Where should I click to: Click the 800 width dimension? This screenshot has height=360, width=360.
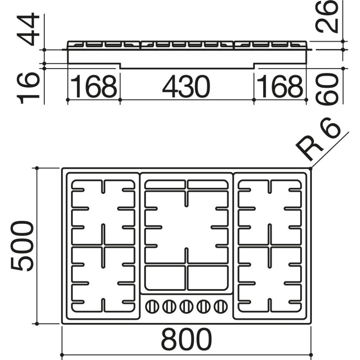(186, 339)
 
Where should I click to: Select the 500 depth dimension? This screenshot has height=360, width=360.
(22, 246)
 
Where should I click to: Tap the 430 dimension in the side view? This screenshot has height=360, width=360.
(186, 87)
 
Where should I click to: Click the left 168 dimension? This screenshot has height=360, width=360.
(94, 87)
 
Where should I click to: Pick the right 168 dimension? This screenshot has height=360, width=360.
(280, 87)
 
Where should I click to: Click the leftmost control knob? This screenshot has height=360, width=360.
(152, 307)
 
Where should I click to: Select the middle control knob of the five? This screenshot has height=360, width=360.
(186, 307)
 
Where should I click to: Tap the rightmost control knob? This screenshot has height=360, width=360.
(220, 307)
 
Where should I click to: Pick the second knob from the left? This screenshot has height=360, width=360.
(169, 307)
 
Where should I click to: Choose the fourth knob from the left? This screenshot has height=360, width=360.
(203, 307)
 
